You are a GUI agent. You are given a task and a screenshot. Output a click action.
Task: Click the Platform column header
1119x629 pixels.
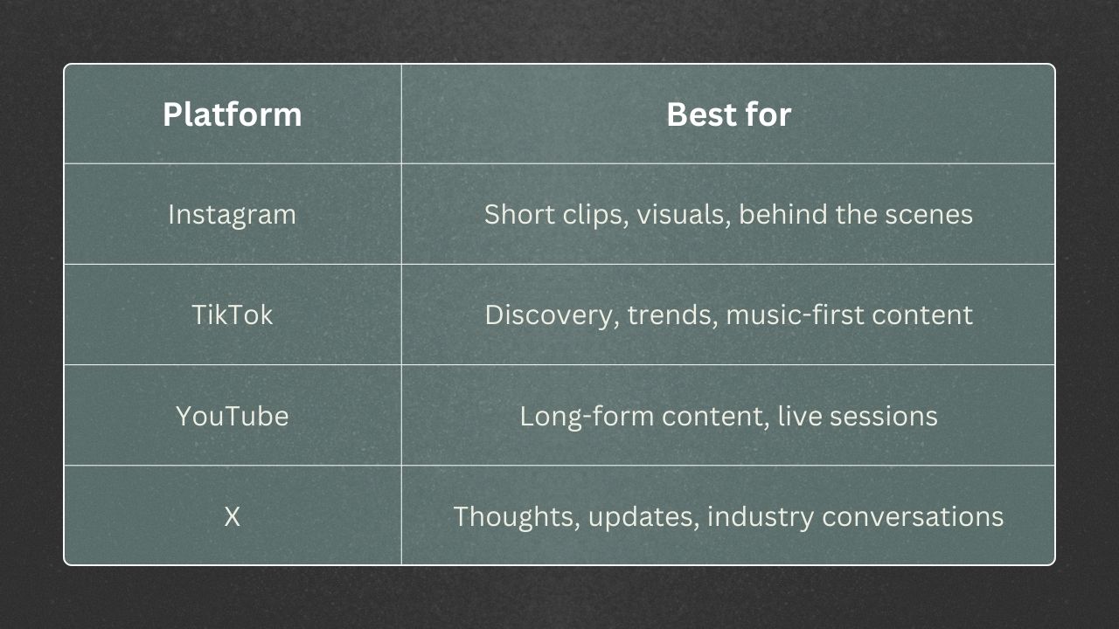click(x=232, y=114)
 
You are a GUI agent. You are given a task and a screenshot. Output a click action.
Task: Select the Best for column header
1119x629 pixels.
click(x=728, y=114)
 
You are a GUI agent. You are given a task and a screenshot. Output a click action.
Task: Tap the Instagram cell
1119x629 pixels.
click(x=232, y=215)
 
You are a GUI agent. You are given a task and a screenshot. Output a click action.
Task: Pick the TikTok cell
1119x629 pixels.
click(x=232, y=314)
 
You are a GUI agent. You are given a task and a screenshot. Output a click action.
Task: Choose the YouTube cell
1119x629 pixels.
click(x=232, y=416)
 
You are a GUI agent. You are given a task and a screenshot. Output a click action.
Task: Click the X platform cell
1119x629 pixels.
click(x=232, y=516)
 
